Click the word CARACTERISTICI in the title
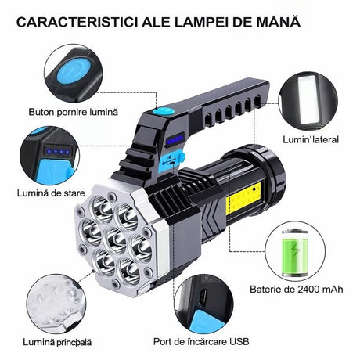[77, 22]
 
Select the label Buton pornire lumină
[74, 112]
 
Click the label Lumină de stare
[51, 193]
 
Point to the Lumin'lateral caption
[311, 139]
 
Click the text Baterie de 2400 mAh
[297, 290]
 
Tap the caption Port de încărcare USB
[201, 341]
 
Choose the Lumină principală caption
[57, 342]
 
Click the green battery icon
[295, 252]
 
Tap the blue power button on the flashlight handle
[164, 111]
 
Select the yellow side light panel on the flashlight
[243, 199]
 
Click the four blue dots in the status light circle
[58, 151]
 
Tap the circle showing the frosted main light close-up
[56, 304]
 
